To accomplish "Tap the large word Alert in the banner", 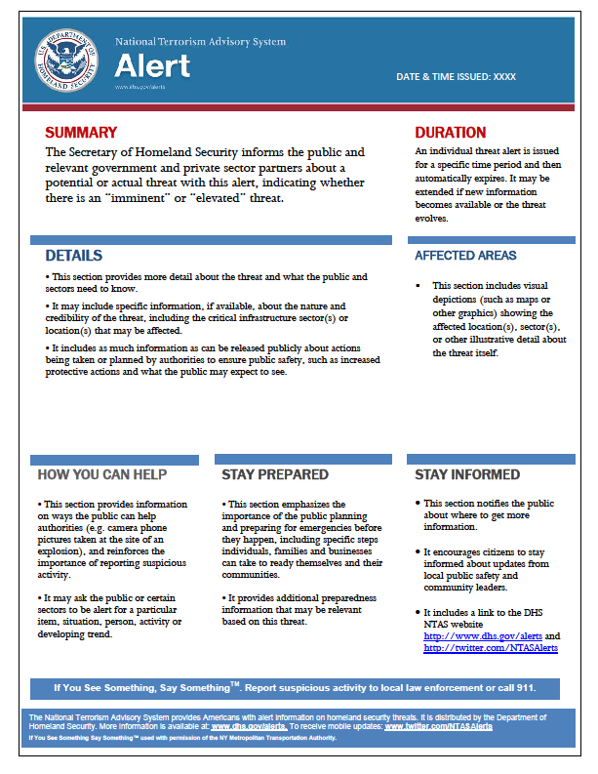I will coord(152,65).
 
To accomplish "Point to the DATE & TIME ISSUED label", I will coord(456,75).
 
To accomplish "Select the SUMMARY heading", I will coord(81,133).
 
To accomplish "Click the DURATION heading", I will coord(450,133).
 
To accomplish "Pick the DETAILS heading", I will coord(73,256).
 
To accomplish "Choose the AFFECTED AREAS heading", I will coord(465,256).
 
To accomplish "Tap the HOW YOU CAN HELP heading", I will coord(101,474).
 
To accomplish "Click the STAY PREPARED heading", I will coord(260,474).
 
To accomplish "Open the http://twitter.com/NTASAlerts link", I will coord(490,647).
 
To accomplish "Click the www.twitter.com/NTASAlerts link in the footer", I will coord(438,726).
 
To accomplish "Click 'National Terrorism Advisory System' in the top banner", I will coord(200,42).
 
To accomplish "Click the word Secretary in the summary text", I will coord(104,152).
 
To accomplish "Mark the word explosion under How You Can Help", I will coord(59,550).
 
